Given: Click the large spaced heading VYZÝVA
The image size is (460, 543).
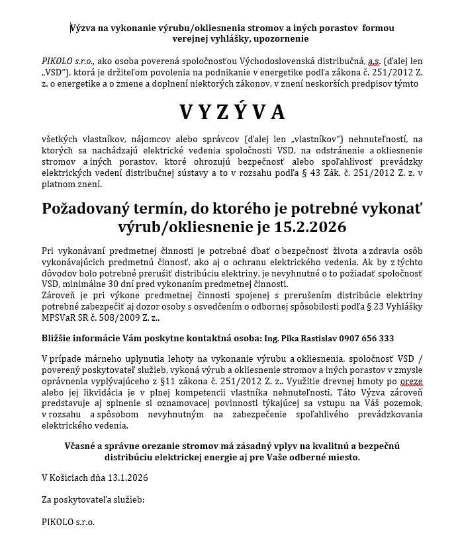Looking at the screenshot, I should click(x=232, y=112).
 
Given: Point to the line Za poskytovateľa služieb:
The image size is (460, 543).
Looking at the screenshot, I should click(x=93, y=499).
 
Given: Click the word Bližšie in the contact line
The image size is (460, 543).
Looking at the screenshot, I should click(x=58, y=338).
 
